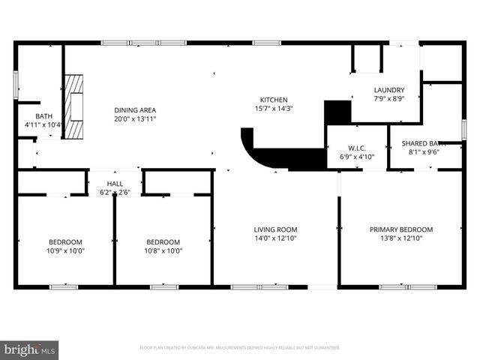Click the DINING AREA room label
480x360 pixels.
tap(135, 109)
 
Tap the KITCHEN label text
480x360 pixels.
tap(273, 100)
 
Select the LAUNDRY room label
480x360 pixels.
tap(389, 90)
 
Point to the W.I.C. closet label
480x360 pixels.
tap(356, 148)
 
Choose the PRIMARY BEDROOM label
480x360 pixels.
tap(400, 229)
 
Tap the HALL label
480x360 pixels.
tap(115, 184)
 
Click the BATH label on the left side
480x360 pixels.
tap(43, 116)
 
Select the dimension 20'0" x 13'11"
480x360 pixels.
tap(135, 118)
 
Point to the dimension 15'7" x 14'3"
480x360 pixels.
tap(273, 109)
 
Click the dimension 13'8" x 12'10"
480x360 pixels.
tap(400, 238)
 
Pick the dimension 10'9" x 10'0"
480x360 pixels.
tap(65, 250)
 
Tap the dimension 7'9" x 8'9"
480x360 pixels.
tap(389, 99)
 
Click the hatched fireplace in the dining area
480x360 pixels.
tap(73, 106)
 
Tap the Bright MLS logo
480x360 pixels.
tap(29, 349)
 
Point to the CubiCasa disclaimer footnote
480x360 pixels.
tap(240, 348)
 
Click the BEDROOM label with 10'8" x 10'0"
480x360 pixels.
tap(163, 241)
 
